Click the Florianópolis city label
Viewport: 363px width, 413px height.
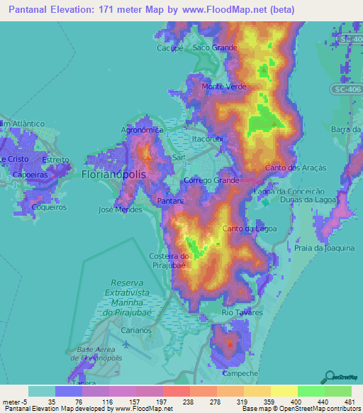tap(113, 174)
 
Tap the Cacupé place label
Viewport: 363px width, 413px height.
tap(170, 48)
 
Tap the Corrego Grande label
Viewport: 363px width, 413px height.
tap(211, 182)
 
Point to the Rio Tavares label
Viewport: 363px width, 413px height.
tap(242, 312)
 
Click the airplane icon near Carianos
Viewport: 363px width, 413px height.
tap(126, 344)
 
